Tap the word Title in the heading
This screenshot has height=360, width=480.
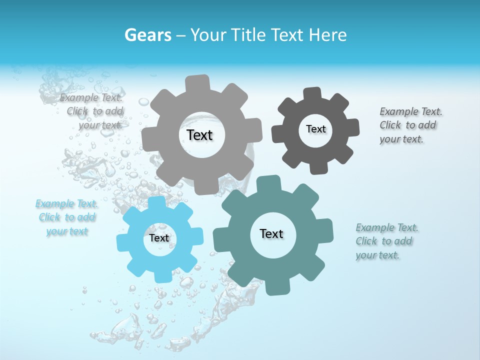[x=250, y=35]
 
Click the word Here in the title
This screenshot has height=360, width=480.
[x=328, y=35]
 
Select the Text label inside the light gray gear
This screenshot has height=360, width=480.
[x=199, y=135]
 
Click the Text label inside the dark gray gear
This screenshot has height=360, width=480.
[x=315, y=129]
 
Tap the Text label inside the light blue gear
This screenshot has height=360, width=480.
[x=159, y=238]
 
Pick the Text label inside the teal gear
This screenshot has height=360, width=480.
[x=271, y=234]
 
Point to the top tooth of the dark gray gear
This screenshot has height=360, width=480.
[x=312, y=93]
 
